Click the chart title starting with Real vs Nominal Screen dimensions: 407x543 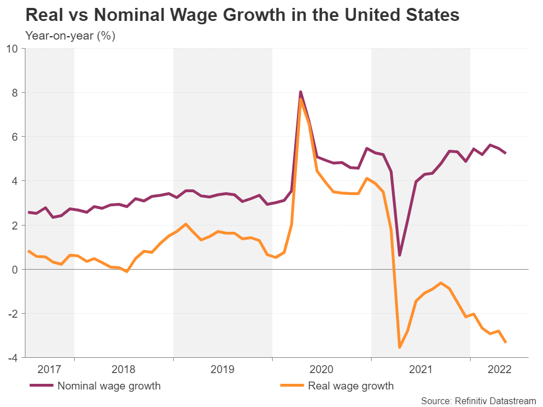tap(242, 15)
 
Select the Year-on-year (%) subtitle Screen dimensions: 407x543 tap(71, 36)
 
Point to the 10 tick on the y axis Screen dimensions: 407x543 tap(12, 48)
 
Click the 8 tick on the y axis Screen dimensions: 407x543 tap(15, 92)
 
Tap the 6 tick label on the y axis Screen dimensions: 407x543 tap(15, 136)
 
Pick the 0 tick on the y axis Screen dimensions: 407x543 tap(15, 269)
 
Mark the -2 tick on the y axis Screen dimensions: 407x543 tap(13, 313)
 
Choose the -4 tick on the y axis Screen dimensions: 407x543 tap(13, 357)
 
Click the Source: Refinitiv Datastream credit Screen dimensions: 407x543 tap(479, 401)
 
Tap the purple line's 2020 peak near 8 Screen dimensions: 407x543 tap(300, 92)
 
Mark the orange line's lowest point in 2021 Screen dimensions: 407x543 tap(399, 347)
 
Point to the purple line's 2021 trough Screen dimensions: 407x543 tap(399, 255)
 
